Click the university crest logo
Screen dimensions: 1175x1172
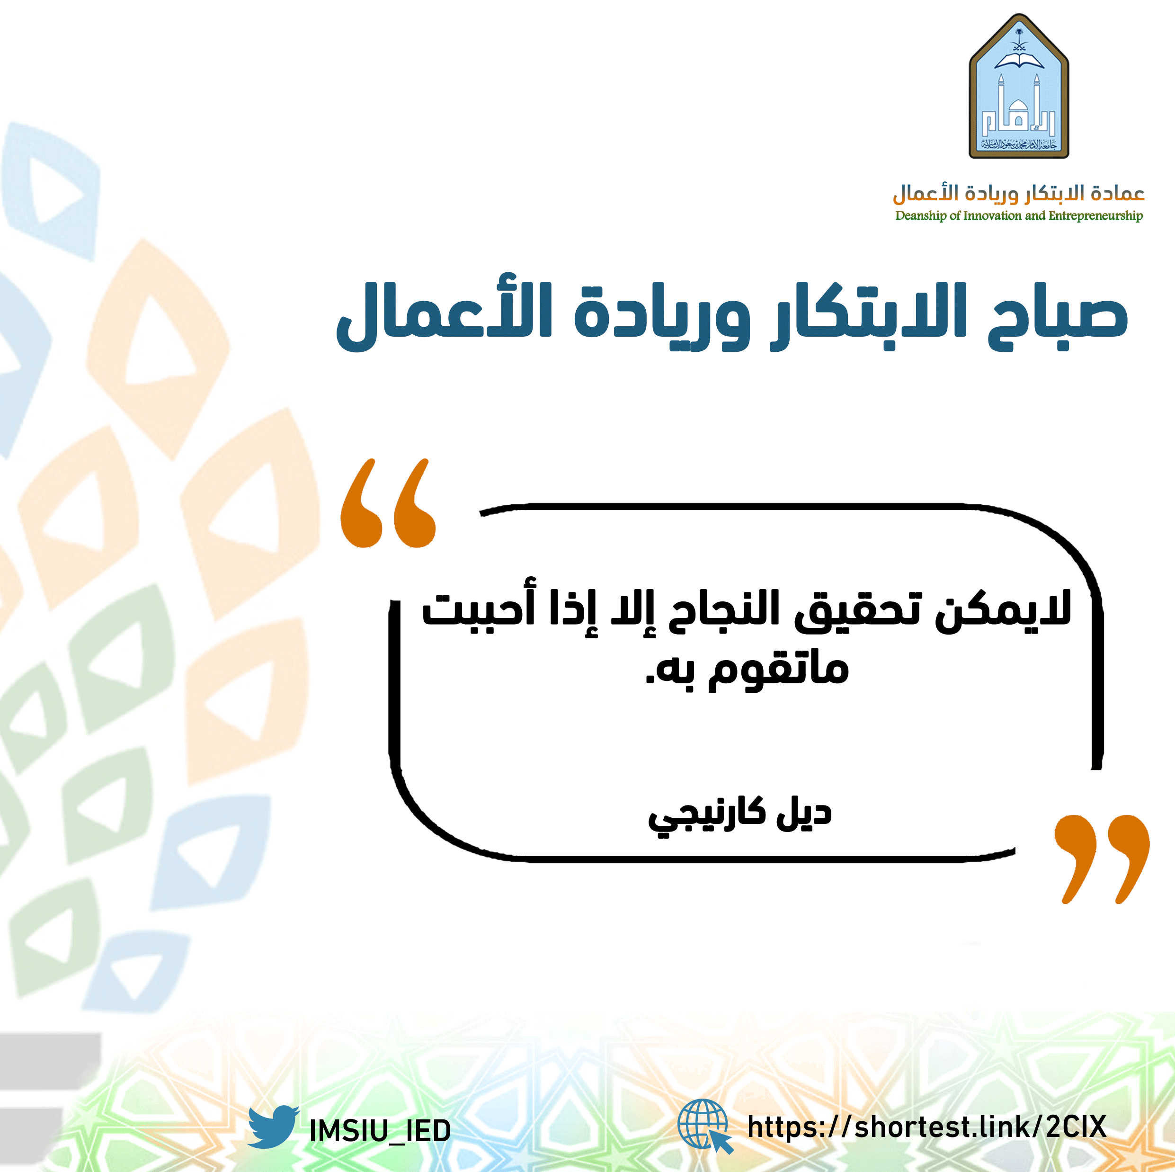click(1019, 86)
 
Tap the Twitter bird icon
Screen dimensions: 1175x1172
click(273, 1127)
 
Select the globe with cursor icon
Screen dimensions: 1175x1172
click(705, 1127)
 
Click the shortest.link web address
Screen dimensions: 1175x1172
click(927, 1127)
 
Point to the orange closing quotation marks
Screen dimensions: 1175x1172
click(1102, 859)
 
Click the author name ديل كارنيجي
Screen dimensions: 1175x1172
click(739, 815)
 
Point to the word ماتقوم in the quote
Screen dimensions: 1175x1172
click(778, 670)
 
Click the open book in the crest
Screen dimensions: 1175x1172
click(1019, 59)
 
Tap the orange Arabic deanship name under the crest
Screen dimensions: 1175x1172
click(1019, 193)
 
